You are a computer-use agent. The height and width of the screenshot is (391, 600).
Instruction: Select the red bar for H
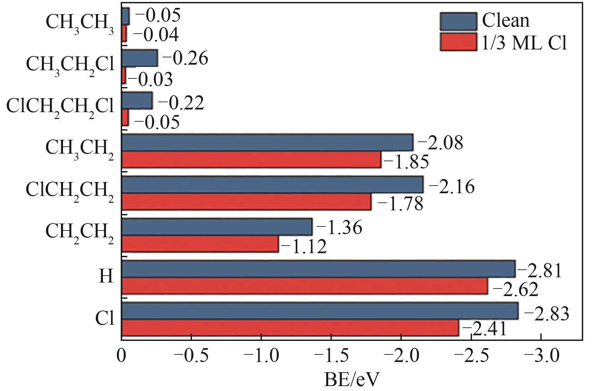click(x=304, y=286)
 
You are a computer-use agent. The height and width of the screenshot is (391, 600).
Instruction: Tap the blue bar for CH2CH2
click(x=217, y=227)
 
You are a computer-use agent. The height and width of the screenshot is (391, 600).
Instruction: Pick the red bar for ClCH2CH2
click(x=246, y=202)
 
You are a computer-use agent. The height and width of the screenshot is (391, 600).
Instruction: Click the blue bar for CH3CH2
click(x=267, y=142)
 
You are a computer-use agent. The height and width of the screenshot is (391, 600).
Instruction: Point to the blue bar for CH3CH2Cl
click(x=140, y=58)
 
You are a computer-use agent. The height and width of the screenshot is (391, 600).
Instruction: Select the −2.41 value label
click(x=484, y=329)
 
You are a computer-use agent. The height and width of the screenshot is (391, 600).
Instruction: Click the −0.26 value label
click(x=185, y=58)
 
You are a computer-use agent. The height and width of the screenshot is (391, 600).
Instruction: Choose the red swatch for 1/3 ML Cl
click(x=458, y=42)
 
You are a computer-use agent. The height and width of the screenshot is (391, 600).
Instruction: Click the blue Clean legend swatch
click(x=458, y=21)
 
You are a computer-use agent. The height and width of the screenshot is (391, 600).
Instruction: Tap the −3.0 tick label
click(x=541, y=356)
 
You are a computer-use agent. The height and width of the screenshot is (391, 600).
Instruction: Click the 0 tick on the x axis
click(x=122, y=356)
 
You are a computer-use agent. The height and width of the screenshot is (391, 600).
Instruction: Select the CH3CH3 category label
click(x=79, y=23)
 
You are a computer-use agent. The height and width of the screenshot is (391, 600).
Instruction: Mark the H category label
click(x=106, y=276)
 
